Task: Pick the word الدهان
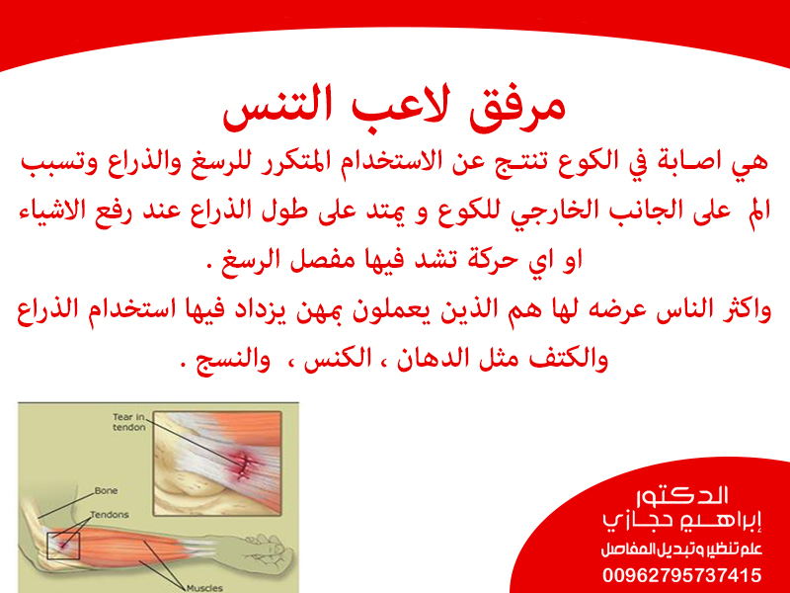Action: click(x=427, y=359)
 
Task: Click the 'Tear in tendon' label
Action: click(x=129, y=422)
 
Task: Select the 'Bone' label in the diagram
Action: click(x=106, y=490)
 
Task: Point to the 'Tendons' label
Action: click(x=110, y=515)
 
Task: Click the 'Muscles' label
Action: click(x=204, y=588)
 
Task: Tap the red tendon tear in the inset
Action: click(x=245, y=464)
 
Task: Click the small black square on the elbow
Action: click(x=63, y=546)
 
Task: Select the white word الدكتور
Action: click(x=682, y=496)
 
